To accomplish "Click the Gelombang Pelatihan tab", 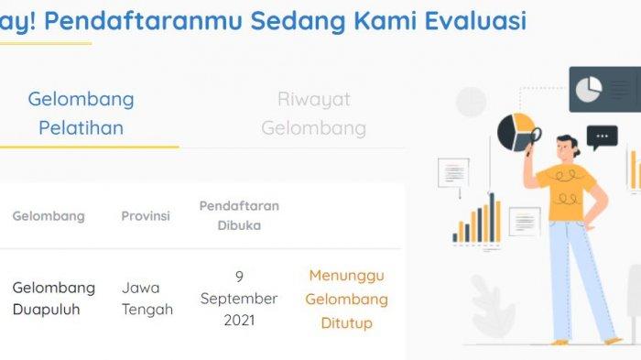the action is pyautogui.click(x=81, y=114).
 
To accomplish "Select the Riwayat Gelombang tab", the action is pyautogui.click(x=313, y=114).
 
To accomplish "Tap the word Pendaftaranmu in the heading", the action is pyautogui.click(x=143, y=20).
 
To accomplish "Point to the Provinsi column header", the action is pyautogui.click(x=146, y=216).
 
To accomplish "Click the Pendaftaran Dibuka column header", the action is pyautogui.click(x=239, y=215).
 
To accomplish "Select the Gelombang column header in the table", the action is pyautogui.click(x=49, y=216).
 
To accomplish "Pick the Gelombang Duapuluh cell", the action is pyautogui.click(x=53, y=299).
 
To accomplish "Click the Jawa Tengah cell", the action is pyautogui.click(x=147, y=299).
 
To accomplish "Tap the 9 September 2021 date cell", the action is pyautogui.click(x=239, y=299).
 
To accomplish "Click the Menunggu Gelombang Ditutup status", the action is pyautogui.click(x=347, y=300).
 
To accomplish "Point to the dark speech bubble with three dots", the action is pyautogui.click(x=602, y=137).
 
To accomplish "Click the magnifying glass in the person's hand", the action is pyautogui.click(x=534, y=140).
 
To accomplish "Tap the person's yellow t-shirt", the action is pyautogui.click(x=567, y=192).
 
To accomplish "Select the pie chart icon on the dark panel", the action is pyautogui.click(x=589, y=89).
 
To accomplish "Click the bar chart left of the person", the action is pyautogui.click(x=477, y=219).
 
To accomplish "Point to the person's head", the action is pyautogui.click(x=568, y=147).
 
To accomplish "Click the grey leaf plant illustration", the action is pyautogui.click(x=492, y=305).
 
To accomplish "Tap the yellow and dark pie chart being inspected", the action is pyautogui.click(x=516, y=132).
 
